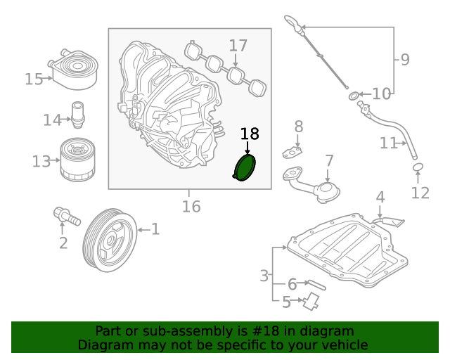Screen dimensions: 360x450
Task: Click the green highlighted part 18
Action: point(245,169)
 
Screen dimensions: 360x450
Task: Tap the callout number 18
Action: point(250,134)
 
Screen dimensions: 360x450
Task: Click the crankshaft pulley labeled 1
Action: point(108,239)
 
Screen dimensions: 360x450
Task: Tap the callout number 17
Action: point(238,46)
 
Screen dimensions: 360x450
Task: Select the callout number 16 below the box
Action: point(191,207)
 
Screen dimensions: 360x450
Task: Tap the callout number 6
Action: point(292,285)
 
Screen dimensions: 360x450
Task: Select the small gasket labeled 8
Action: point(293,150)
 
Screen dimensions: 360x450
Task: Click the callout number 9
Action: point(405,60)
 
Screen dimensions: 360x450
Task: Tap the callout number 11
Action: point(389,143)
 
